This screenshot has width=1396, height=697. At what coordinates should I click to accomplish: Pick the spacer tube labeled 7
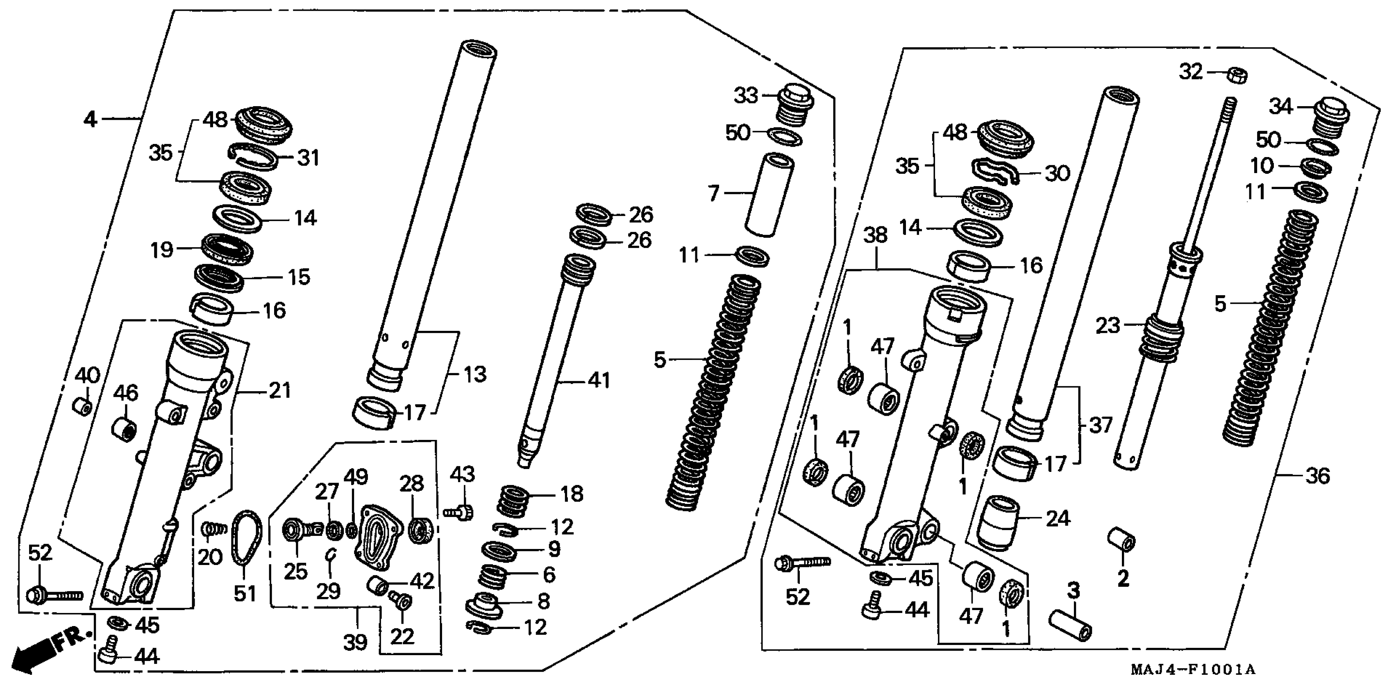[770, 194]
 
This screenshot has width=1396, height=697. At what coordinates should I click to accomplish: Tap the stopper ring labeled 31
[253, 156]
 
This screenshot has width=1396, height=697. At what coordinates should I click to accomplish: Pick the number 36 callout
[1318, 476]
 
